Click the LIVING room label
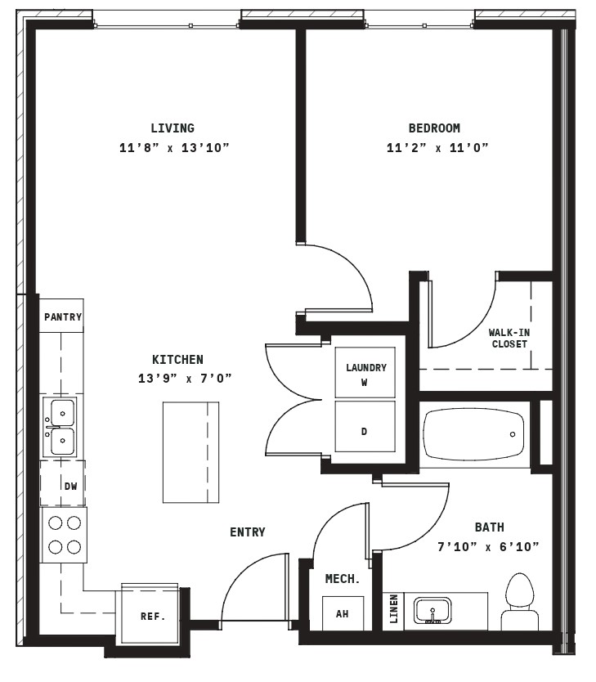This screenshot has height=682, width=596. pyautogui.click(x=173, y=128)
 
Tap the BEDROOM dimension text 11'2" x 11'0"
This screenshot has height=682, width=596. pyautogui.click(x=437, y=148)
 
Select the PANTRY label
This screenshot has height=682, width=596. pyautogui.click(x=63, y=317)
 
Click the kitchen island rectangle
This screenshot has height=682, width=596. pyautogui.click(x=190, y=452)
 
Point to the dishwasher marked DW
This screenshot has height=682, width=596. pyautogui.click(x=63, y=483)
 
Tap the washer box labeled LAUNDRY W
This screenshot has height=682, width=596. pyautogui.click(x=365, y=372)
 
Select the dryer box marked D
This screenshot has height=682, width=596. pyautogui.click(x=365, y=426)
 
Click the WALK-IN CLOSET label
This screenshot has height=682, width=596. pyautogui.click(x=509, y=339)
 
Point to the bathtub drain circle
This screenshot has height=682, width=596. pyautogui.click(x=513, y=434)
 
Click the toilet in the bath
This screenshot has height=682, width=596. pyautogui.click(x=520, y=602)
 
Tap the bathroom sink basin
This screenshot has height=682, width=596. pyautogui.click(x=432, y=610)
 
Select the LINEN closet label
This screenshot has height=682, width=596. pyautogui.click(x=393, y=609)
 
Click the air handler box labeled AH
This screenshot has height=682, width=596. pyautogui.click(x=343, y=613)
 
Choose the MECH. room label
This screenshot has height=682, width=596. pyautogui.click(x=343, y=579)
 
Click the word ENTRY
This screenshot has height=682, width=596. pyautogui.click(x=248, y=532)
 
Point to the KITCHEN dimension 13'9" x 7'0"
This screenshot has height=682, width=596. pyautogui.click(x=185, y=379)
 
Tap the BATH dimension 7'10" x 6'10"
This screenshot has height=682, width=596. pyautogui.click(x=488, y=547)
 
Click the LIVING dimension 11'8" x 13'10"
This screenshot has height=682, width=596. pyautogui.click(x=174, y=148)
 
